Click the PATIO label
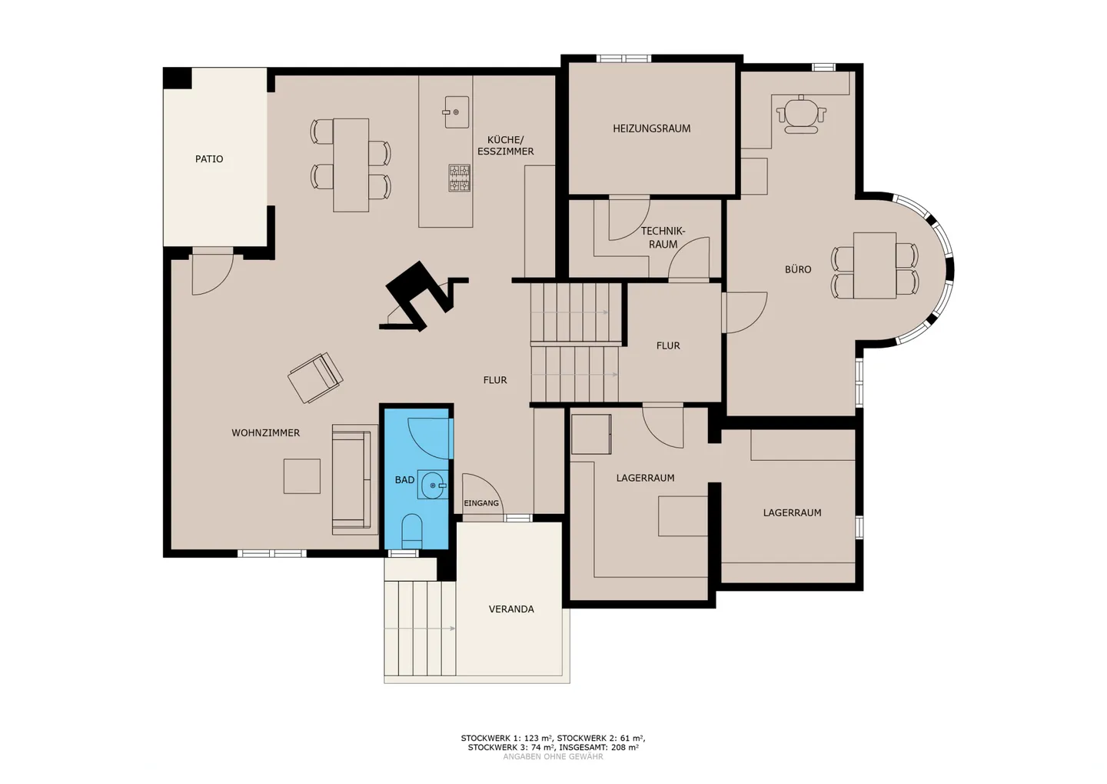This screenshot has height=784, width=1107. pos(209,158)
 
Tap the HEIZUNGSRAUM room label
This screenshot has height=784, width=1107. pos(651,128)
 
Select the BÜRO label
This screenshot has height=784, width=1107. pos(798,269)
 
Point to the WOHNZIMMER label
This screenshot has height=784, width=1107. pos(265,433)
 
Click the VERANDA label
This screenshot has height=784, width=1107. pos(511,609)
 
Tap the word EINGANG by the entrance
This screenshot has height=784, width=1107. pos(481,503)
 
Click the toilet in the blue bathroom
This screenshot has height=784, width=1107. pos(412,531)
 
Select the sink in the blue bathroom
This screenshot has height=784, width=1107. pos(433,485)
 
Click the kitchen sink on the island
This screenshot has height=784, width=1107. pos(456,112)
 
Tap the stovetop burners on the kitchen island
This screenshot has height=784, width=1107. pos(460,178)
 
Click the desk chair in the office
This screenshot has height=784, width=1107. pos(801,115)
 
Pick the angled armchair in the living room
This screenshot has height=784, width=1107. pos(315,378)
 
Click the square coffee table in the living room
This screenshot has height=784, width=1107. pos(301,475)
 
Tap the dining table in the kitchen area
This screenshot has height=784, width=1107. pos(351,165)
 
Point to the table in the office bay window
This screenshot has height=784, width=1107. pos(875,265)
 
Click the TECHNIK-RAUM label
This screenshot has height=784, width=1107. pos(663,238)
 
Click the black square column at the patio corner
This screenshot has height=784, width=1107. pos(177,78)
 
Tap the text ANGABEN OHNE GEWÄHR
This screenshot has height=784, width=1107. pos(553,757)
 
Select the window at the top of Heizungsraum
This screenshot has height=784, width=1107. pos(623,58)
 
